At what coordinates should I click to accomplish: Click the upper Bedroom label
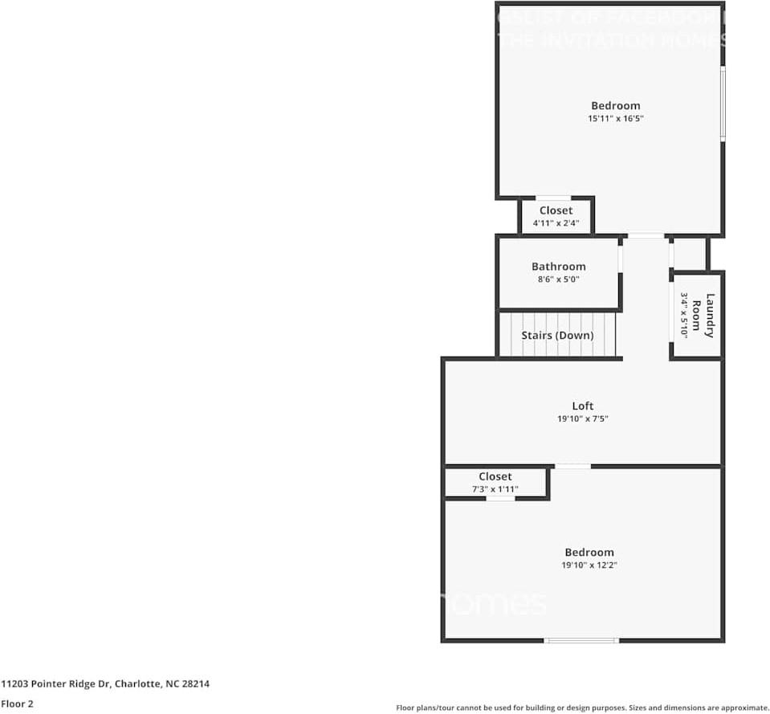tap(616, 105)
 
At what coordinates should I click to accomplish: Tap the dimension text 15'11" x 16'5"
tap(616, 119)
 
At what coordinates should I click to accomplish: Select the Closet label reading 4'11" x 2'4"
tap(556, 210)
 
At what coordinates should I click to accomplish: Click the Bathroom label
tap(558, 267)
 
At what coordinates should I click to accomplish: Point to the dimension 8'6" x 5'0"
tap(558, 279)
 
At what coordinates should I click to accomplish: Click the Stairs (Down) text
tap(557, 335)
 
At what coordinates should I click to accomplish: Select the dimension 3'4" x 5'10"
tap(685, 316)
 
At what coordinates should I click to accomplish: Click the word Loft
tap(583, 406)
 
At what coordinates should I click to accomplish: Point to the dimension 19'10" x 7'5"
tap(583, 419)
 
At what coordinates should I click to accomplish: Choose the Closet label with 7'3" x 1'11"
tap(495, 476)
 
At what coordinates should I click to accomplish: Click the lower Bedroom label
tap(589, 552)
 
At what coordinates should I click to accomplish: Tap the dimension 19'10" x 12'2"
tap(589, 565)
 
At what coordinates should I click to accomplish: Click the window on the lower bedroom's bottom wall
tap(581, 640)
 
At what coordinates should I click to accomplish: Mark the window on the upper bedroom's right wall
tap(723, 104)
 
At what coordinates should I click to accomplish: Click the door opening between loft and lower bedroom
tap(572, 466)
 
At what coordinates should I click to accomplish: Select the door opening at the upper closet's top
tap(553, 198)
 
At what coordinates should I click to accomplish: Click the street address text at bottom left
tap(105, 684)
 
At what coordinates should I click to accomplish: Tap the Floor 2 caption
tap(17, 704)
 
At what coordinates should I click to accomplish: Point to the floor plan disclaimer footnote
tap(582, 708)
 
